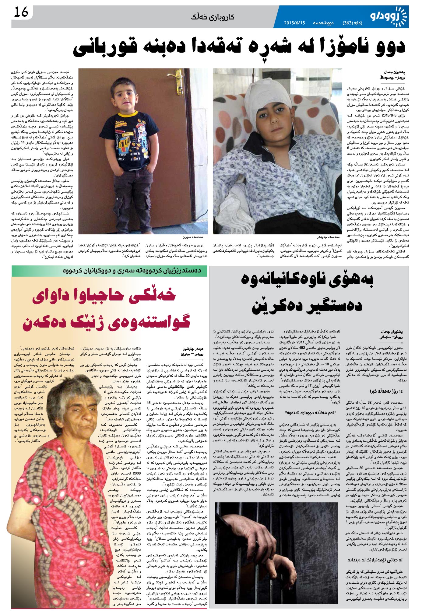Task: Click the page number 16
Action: click(21, 13)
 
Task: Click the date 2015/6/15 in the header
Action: click(294, 23)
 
